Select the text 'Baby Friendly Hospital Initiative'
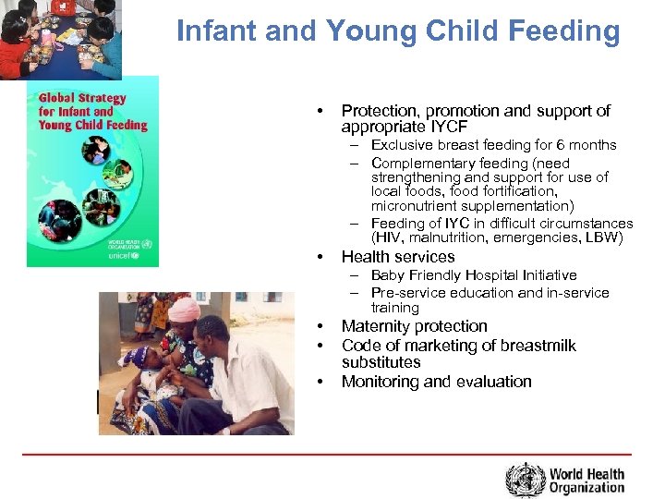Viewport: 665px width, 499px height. tap(473, 275)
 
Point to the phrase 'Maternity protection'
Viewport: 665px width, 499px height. tap(414, 326)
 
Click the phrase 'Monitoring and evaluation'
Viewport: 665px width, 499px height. tap(436, 382)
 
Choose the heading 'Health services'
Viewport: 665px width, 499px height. tap(398, 257)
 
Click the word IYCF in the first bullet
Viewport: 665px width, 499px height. tap(450, 127)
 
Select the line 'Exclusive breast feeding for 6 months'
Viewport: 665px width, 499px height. tap(493, 145)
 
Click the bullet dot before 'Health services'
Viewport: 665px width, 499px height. tap(319, 257)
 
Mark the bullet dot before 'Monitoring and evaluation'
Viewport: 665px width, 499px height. tap(319, 382)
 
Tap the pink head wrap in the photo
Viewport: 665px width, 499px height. tap(184, 309)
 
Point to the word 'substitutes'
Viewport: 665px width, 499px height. tap(381, 362)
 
